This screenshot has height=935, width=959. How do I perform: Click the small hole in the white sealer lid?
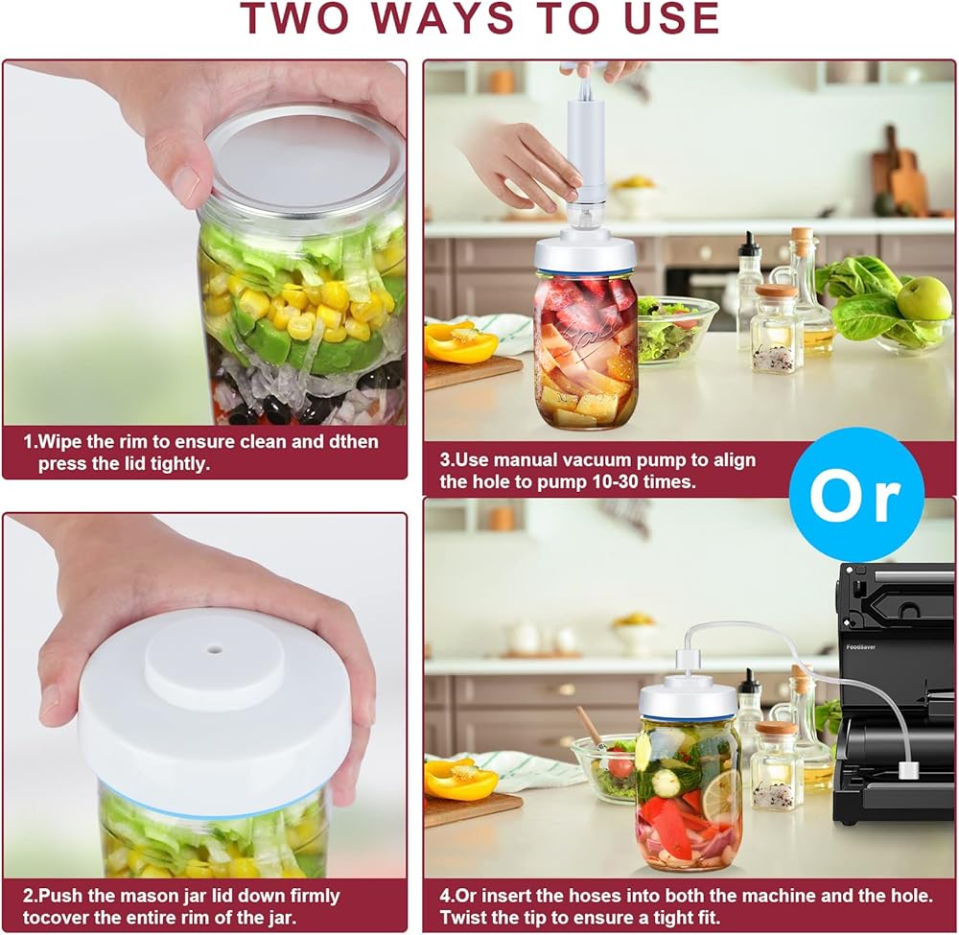215,647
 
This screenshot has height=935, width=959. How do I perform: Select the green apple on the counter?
924,298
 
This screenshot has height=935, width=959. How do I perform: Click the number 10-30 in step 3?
620,481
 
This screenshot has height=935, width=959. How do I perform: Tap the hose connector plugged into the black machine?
907,769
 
